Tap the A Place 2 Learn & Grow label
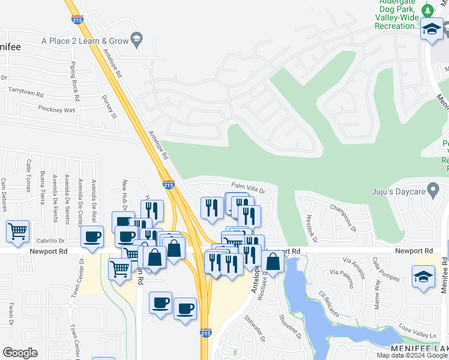(x=85, y=40)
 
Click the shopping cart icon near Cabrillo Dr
(x=18, y=230)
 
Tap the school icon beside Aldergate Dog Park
(x=432, y=28)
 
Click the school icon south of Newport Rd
(x=423, y=277)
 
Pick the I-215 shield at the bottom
(x=205, y=349)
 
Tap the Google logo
(x=20, y=353)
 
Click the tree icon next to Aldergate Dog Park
(x=427, y=10)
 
